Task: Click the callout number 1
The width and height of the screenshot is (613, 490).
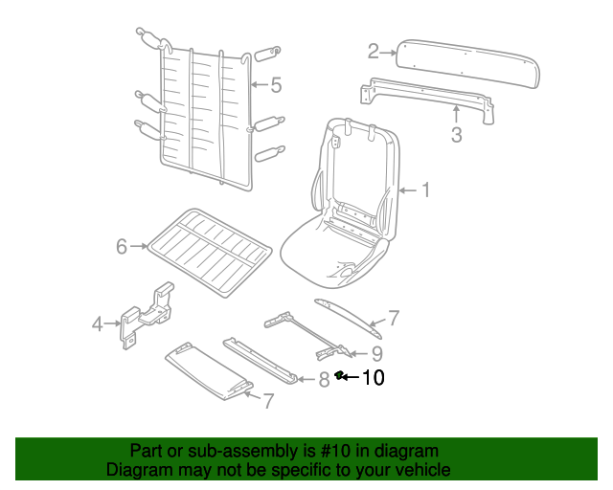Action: pos(425,190)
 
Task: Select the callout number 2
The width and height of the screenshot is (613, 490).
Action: pos(374,51)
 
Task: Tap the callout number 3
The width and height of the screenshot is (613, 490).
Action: pos(456,134)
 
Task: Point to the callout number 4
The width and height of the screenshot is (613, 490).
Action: pos(98,323)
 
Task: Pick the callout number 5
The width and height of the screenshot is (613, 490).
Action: pos(276,85)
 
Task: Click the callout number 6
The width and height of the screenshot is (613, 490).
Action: pos(122,247)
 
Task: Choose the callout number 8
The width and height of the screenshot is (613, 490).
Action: pos(324,380)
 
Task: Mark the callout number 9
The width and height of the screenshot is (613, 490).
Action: pos(376,354)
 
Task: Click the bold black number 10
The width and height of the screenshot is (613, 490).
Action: pos(374,377)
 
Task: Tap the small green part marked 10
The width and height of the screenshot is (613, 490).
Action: pos(338,375)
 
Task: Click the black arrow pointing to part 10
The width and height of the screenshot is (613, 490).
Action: pos(350,377)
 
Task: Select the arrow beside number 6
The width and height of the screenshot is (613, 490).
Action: pos(139,246)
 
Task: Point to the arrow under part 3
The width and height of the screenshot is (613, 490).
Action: pos(456,114)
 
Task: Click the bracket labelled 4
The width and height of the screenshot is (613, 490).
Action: pos(146,315)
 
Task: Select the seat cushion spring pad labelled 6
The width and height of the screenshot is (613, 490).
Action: pos(209,252)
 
